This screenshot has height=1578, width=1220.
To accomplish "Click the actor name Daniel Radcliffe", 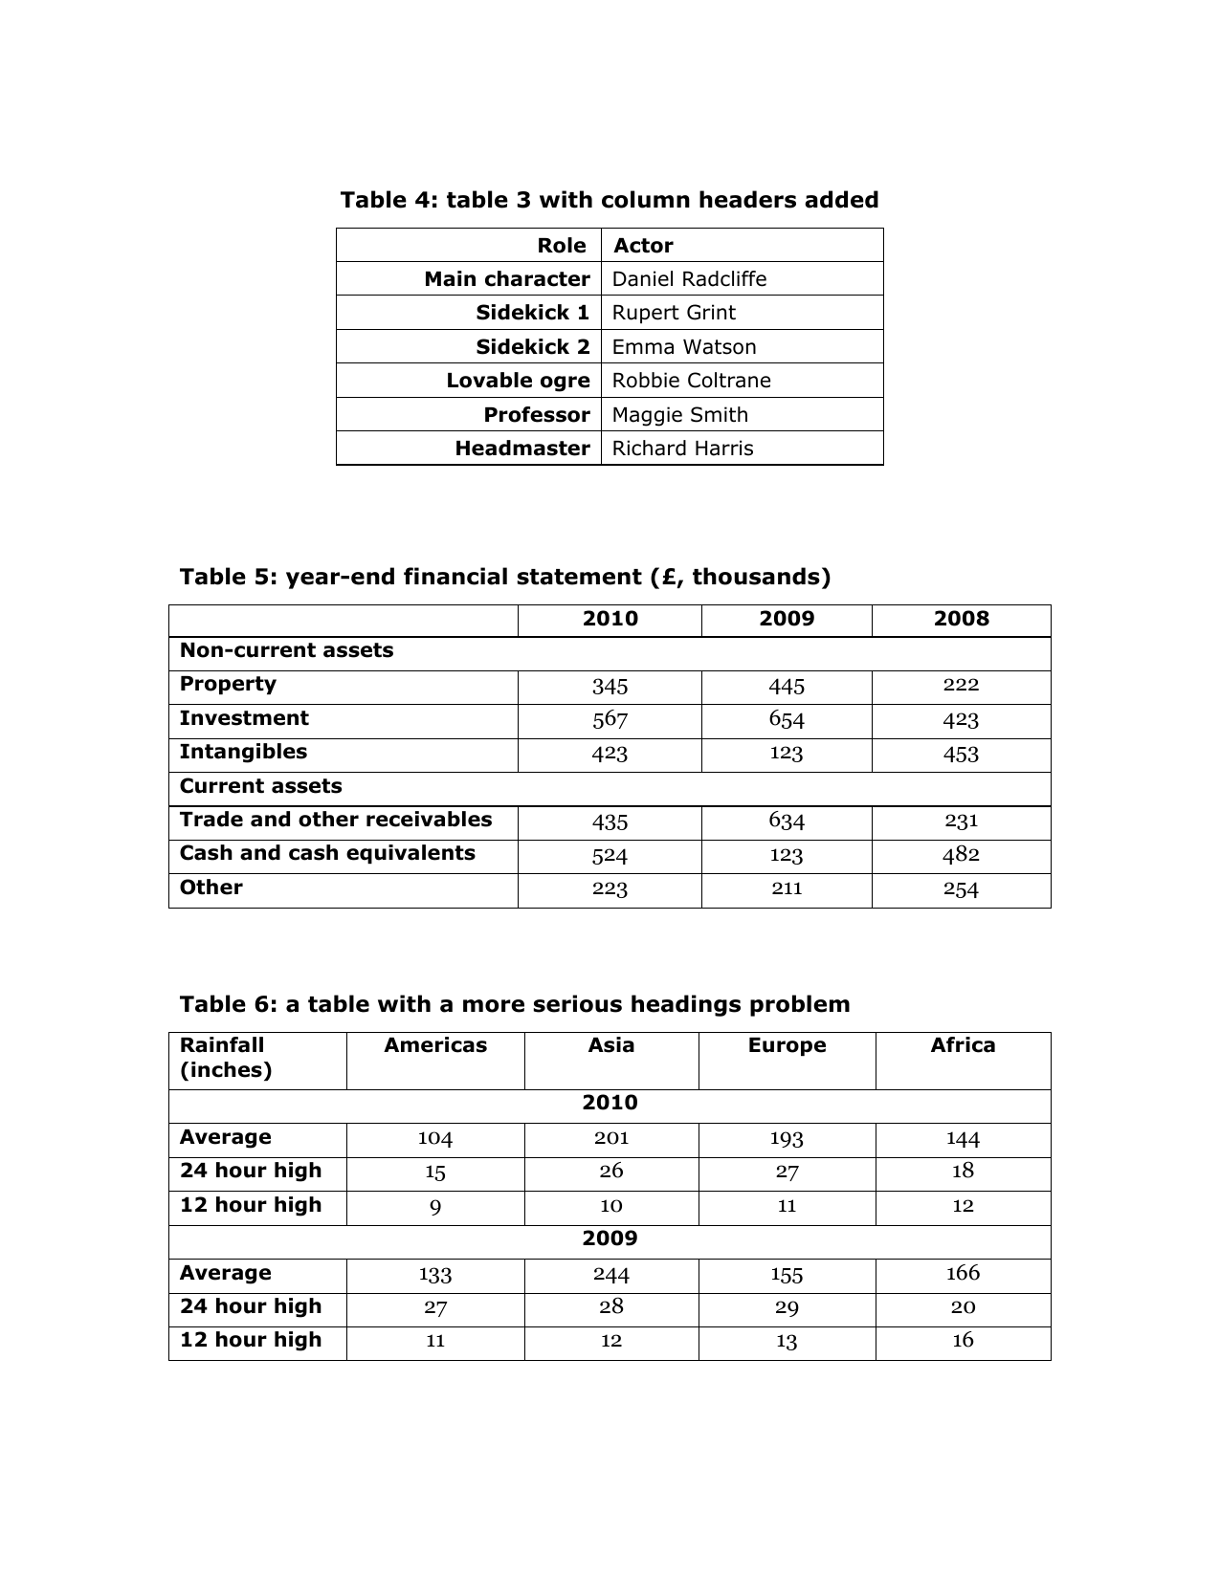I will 689,279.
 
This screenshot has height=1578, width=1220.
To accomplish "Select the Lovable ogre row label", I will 518,381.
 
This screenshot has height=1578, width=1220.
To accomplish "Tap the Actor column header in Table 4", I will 643,246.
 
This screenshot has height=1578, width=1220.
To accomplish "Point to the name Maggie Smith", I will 679,415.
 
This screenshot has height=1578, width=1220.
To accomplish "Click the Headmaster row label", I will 521,449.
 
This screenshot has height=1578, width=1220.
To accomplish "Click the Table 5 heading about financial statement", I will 504,577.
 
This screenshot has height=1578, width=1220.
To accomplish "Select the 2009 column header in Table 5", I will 786,619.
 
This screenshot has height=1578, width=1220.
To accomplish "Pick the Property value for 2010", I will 610,687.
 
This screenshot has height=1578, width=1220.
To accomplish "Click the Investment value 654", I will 786,720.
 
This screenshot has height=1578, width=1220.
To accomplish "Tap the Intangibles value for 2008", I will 960,754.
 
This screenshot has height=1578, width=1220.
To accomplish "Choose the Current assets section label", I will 260,786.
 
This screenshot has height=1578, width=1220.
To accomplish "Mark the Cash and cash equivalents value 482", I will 960,855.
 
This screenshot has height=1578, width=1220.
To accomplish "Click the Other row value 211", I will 786,888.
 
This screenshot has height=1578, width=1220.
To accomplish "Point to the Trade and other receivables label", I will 335,820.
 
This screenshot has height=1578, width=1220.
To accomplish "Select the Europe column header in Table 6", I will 786,1045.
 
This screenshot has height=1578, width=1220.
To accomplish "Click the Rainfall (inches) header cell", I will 225,1058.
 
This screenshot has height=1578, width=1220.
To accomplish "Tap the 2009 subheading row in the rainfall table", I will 610,1238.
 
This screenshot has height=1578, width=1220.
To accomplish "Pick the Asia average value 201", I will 610,1138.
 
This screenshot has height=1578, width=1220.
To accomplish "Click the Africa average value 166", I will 962,1273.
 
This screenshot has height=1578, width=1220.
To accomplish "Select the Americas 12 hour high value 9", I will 434,1207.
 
